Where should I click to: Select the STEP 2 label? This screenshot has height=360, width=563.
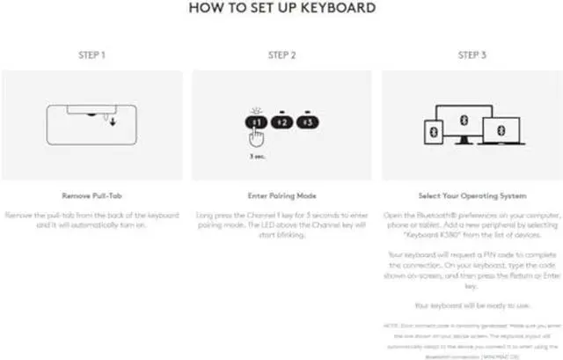[x=281, y=55]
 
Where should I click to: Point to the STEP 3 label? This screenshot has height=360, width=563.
[x=472, y=55]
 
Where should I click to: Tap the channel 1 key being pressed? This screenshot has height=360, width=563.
[x=255, y=121]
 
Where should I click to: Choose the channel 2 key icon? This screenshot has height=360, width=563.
[x=281, y=121]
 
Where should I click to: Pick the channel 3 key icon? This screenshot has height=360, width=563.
[x=305, y=121]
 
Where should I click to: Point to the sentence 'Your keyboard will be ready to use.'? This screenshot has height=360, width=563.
[x=472, y=305]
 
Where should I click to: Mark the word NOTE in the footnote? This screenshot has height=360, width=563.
[x=393, y=326]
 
